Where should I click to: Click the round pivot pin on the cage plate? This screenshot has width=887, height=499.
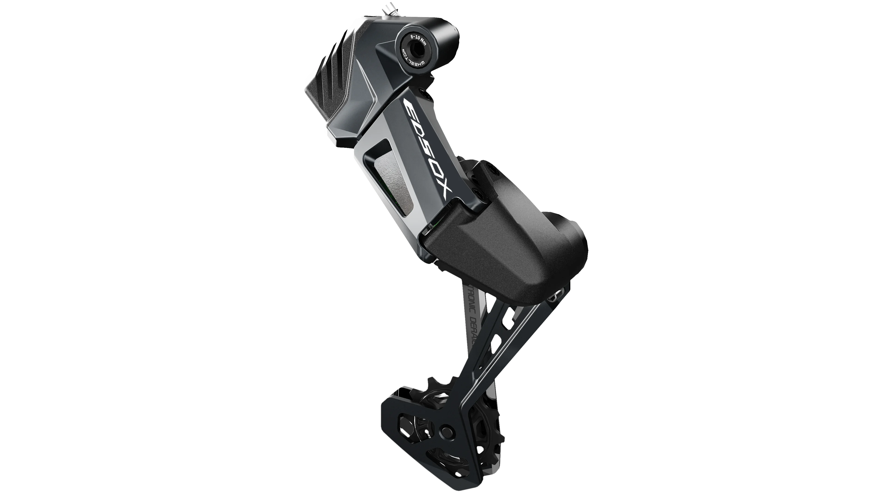point(448,430)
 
